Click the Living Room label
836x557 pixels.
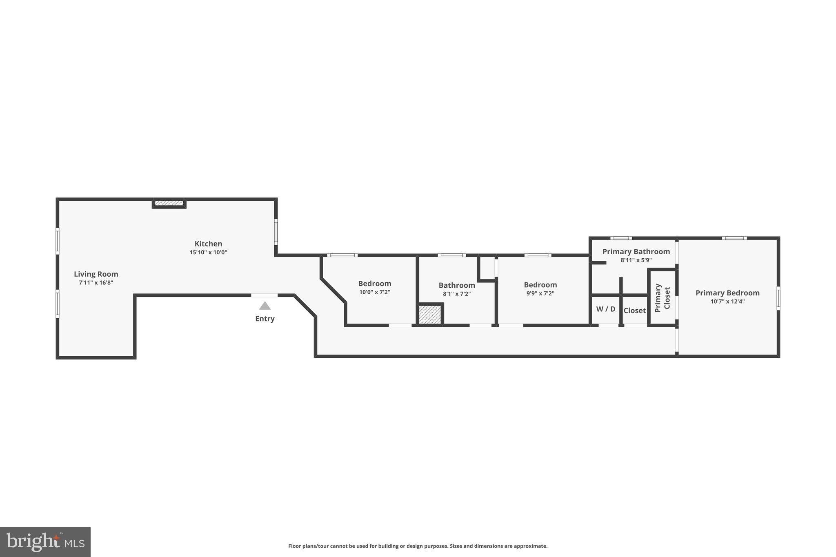[x=96, y=274]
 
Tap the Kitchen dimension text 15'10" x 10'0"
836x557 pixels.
[x=208, y=253]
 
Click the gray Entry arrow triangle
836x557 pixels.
[x=265, y=306]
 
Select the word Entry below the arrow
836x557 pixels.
[x=265, y=319]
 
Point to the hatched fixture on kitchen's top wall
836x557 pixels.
[x=169, y=203]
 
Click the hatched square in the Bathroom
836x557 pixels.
[x=430, y=315]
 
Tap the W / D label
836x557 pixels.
[x=606, y=309]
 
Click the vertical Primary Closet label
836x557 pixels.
[x=662, y=298]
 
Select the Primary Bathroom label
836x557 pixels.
[x=636, y=252]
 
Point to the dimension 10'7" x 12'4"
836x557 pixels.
[x=727, y=302]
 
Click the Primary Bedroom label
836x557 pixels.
[x=727, y=293]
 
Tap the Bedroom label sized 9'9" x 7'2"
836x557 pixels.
[x=540, y=285]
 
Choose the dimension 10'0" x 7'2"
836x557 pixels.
[x=375, y=292]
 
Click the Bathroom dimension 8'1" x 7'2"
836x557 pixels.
[x=457, y=294]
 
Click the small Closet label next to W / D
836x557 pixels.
[x=635, y=311]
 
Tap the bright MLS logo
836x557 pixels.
[x=45, y=542]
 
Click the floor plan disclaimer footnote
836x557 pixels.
[x=418, y=546]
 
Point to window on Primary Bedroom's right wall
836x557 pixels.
[x=778, y=298]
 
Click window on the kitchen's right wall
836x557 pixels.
[x=276, y=232]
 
